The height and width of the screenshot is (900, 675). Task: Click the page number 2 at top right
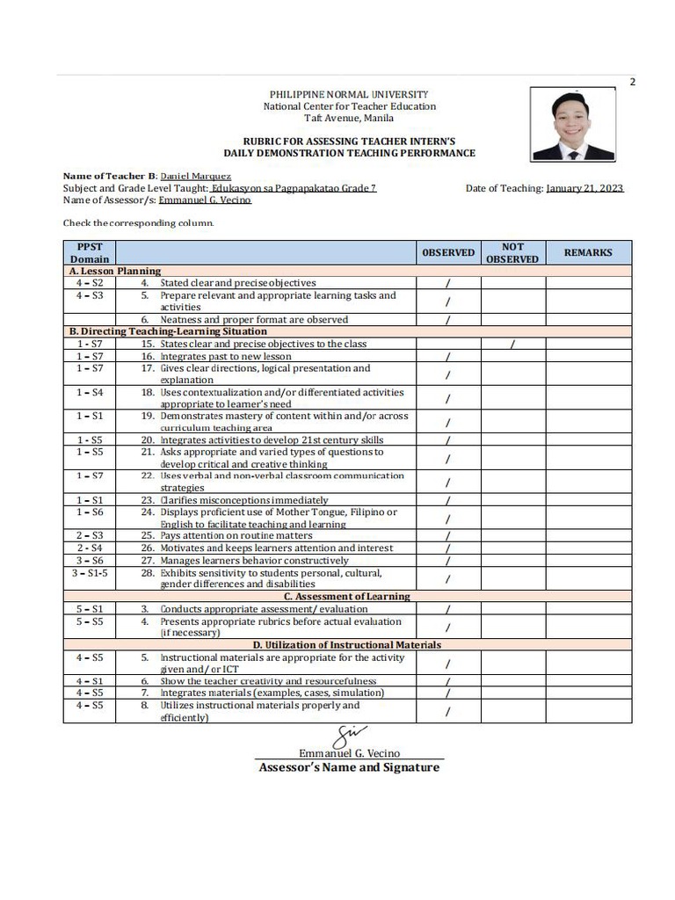pyautogui.click(x=632, y=83)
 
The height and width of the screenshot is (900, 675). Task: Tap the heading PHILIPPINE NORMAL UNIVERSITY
pyautogui.click(x=349, y=94)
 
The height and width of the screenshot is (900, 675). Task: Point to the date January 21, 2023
pyautogui.click(x=584, y=188)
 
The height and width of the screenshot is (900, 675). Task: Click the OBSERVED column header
pyautogui.click(x=448, y=252)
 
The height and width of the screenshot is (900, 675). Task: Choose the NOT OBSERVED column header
pyautogui.click(x=512, y=253)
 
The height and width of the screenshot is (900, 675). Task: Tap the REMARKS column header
pyautogui.click(x=588, y=252)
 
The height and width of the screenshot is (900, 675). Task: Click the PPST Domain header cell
pyautogui.click(x=90, y=253)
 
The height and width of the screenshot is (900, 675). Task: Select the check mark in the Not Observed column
pyautogui.click(x=512, y=345)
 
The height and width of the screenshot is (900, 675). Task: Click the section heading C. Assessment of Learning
pyautogui.click(x=348, y=596)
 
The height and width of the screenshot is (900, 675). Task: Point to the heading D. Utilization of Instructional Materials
pyautogui.click(x=348, y=644)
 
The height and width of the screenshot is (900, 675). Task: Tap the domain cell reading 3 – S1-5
pyautogui.click(x=90, y=573)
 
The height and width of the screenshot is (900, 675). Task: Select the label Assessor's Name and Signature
pyautogui.click(x=349, y=767)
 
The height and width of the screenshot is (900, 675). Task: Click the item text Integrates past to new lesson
pyautogui.click(x=225, y=357)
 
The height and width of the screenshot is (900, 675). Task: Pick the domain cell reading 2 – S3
pyautogui.click(x=90, y=535)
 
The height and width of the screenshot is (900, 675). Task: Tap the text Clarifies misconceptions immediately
pyautogui.click(x=244, y=499)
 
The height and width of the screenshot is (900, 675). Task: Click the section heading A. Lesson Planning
pyautogui.click(x=115, y=272)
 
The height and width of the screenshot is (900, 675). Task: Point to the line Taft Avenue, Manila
pyautogui.click(x=349, y=118)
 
